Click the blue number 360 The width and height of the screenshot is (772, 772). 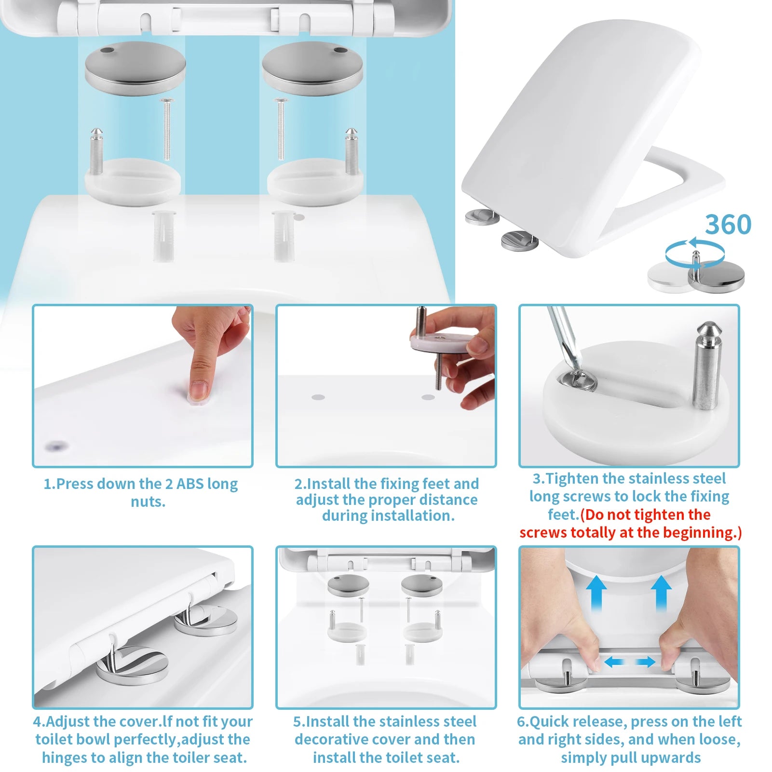pos(728,225)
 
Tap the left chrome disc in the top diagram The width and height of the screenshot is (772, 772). pos(135,68)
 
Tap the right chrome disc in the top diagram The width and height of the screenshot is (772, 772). pos(312,68)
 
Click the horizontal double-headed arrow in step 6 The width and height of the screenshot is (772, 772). pos(629,662)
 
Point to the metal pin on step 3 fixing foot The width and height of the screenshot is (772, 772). pos(706,366)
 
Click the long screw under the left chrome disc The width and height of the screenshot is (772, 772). pos(167,129)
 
